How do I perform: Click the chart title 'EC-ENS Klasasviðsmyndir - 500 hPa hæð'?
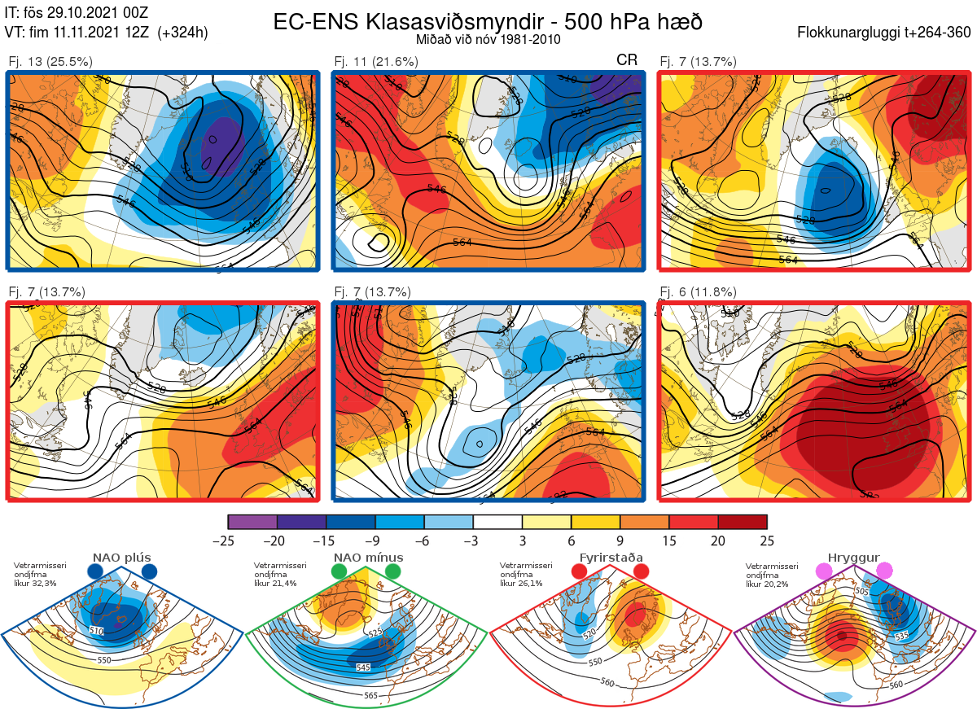[x=488, y=22]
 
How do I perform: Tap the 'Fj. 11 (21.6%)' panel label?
[x=375, y=61]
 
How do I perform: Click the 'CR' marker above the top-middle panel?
[x=627, y=60]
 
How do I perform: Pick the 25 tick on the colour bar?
[x=767, y=541]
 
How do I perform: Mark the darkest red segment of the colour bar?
[x=743, y=522]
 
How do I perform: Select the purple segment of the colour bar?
[x=253, y=522]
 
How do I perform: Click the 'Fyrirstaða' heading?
[x=611, y=558]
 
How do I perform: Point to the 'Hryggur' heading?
[x=854, y=558]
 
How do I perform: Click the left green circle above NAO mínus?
[x=340, y=572]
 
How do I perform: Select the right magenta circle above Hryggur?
[x=884, y=571]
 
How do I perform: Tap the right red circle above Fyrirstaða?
[x=640, y=572]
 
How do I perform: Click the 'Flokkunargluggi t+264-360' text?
[x=887, y=33]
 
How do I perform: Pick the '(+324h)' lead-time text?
[x=183, y=33]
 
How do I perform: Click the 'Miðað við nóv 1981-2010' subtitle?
[x=487, y=40]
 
